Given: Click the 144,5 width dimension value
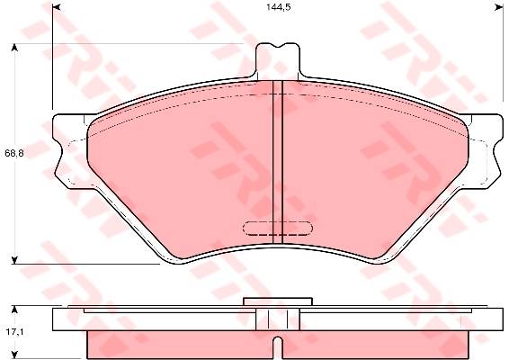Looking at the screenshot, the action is (278, 7).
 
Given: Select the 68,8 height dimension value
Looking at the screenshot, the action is (14, 153).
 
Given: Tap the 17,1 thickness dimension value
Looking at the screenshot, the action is (13, 332).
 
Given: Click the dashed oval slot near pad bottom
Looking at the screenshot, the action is (278, 228).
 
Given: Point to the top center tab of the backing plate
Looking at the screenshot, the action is (278, 62).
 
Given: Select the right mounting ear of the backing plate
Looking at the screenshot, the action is (485, 151).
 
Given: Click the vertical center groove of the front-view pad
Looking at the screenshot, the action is (278, 162).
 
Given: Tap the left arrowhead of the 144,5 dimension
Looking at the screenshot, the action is (57, 7).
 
